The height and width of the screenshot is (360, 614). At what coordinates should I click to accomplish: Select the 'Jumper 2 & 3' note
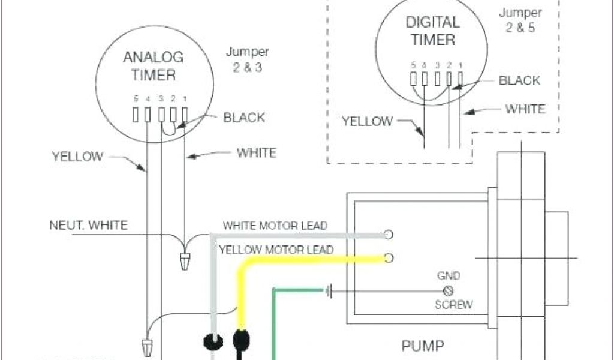[247, 59]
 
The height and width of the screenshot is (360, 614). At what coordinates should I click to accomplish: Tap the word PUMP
[423, 346]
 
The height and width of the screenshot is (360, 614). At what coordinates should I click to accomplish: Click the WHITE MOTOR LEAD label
[275, 226]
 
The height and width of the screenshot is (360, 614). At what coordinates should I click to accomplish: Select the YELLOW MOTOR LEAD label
[275, 249]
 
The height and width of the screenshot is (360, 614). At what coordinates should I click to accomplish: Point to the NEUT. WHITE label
[88, 226]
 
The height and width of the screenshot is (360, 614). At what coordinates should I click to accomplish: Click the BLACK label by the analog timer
[244, 117]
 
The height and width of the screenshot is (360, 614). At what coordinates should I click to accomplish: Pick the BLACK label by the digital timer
[519, 80]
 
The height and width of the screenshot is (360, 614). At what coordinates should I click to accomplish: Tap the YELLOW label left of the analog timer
[78, 157]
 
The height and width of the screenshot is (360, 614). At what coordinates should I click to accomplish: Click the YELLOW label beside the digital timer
[367, 121]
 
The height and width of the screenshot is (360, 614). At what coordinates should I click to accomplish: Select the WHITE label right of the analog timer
[257, 153]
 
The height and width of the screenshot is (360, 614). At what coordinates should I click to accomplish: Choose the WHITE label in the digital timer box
[525, 109]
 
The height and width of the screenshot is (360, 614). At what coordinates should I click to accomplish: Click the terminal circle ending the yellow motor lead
[389, 258]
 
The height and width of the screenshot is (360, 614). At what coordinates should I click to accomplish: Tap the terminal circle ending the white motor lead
[389, 234]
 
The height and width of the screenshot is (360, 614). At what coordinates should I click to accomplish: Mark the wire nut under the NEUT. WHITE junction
[186, 262]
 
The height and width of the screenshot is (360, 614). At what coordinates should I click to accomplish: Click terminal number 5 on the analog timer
[136, 113]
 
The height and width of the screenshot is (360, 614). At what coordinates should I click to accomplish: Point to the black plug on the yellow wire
[241, 339]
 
